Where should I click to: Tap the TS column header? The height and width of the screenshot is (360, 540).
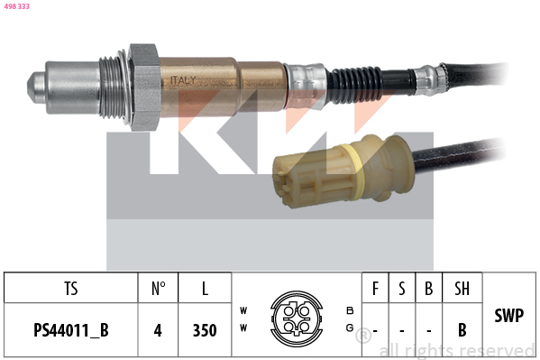point(71,289)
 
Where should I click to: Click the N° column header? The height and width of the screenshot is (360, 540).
point(158,289)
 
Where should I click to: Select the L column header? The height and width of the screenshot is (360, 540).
point(205,289)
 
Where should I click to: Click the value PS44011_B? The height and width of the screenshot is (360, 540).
point(71,330)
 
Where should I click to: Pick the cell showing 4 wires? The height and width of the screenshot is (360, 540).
point(158,330)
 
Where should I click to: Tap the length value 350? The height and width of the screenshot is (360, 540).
point(205,330)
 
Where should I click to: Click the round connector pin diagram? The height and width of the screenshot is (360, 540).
point(294,318)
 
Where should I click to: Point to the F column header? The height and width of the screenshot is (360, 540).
point(375,289)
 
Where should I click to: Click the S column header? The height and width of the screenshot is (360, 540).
point(402,289)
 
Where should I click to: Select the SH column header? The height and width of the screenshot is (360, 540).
point(462,289)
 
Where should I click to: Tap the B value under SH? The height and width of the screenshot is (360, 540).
point(462,330)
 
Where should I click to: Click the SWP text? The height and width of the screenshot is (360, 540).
point(510,317)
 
